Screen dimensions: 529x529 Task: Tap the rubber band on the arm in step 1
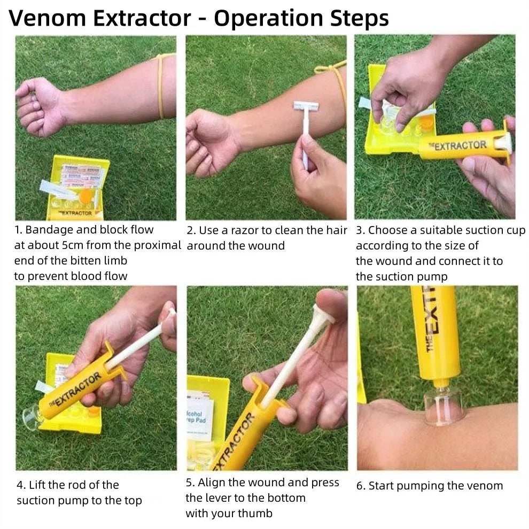[x=160, y=85]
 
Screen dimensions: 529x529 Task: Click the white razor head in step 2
[x=306, y=107]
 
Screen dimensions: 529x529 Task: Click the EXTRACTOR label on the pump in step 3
[x=460, y=145]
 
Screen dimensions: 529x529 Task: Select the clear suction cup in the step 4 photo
[x=32, y=417]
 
